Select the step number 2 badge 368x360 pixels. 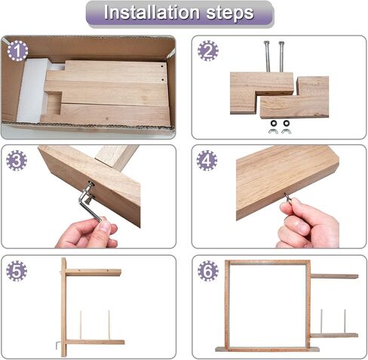click(207, 51)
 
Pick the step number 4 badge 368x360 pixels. click(207, 160)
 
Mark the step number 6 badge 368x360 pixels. click(207, 269)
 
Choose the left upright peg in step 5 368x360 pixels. click(81, 325)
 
